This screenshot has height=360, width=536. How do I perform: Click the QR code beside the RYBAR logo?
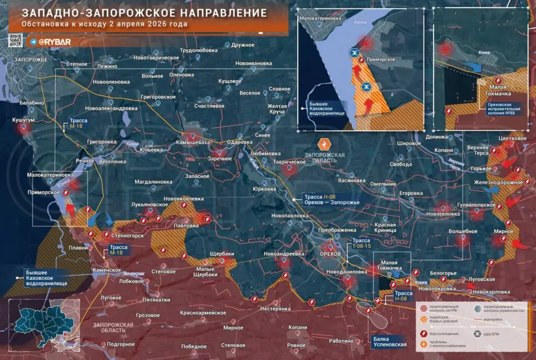pos(15,40)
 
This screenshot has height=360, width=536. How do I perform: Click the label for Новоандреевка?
pos(284,254)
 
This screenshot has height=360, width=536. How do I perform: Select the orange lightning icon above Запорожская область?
pos(325,144)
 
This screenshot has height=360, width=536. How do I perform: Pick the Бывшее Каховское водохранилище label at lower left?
pos(46,277)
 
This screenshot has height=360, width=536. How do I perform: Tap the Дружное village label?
pos(242,46)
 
